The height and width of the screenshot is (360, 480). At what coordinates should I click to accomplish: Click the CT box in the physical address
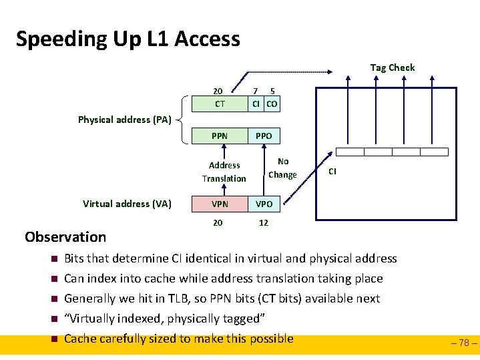(220, 104)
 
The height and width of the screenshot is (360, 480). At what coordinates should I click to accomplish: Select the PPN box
(220, 136)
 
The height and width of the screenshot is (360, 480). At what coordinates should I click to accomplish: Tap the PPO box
(264, 136)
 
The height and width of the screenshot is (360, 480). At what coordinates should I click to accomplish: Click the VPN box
(220, 204)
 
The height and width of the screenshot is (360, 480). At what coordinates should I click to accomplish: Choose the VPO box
(264, 204)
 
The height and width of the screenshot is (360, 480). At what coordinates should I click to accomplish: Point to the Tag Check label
(393, 67)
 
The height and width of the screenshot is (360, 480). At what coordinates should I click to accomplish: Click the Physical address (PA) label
(125, 120)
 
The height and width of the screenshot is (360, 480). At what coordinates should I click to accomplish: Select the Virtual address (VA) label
(127, 204)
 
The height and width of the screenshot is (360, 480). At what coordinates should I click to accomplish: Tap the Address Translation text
(224, 172)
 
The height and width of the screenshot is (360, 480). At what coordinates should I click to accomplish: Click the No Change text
(282, 168)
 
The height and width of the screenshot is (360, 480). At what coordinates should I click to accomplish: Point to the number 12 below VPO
(264, 222)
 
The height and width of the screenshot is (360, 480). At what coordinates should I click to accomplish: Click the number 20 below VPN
(218, 222)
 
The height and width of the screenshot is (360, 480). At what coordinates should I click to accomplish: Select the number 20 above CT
(218, 91)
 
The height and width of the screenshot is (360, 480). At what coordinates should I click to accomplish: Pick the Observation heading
(65, 236)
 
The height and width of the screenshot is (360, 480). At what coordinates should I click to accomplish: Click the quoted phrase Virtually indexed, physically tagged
(165, 319)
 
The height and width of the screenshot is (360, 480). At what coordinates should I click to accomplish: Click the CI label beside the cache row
(332, 171)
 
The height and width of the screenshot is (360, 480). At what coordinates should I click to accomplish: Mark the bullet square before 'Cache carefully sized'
(53, 339)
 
